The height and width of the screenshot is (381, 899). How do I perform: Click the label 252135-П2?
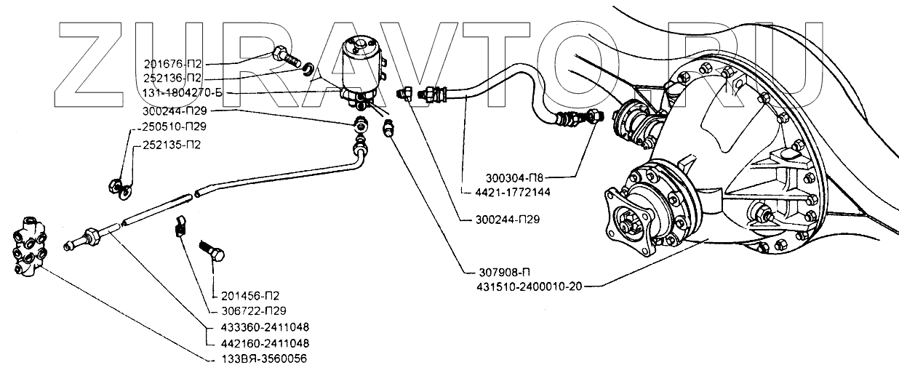click(x=172, y=144)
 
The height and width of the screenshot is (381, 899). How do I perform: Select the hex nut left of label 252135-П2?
click(x=115, y=187)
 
